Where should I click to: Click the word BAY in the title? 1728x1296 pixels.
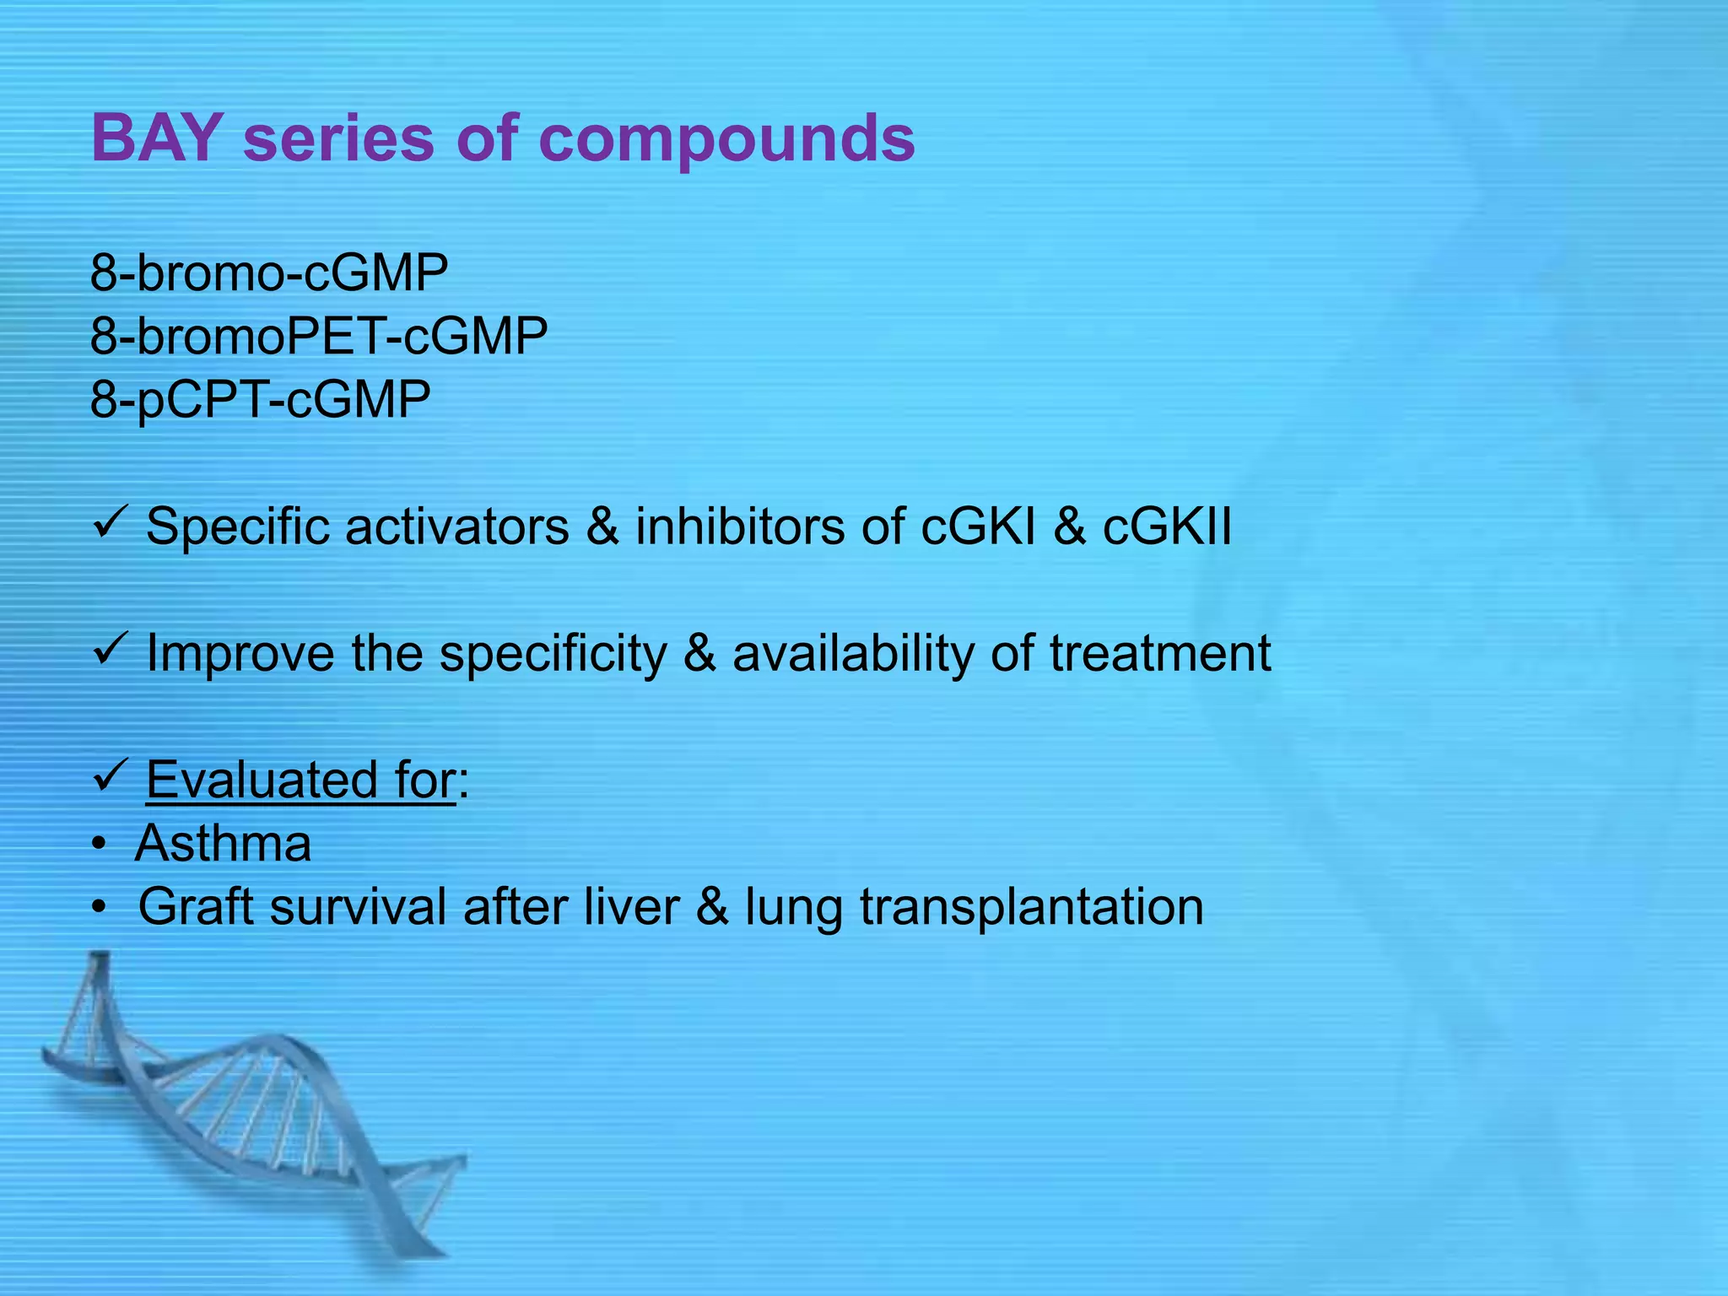click(156, 138)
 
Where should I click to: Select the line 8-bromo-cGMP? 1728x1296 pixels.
click(268, 273)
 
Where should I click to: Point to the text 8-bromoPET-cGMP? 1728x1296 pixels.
click(318, 336)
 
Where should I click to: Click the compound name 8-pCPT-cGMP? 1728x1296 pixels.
click(260, 399)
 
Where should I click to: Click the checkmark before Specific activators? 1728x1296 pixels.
click(109, 523)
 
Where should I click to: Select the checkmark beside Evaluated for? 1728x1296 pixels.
click(109, 775)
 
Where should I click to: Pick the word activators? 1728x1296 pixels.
click(456, 526)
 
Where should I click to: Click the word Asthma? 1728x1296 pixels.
click(224, 843)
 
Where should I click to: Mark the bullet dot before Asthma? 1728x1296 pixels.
click(100, 845)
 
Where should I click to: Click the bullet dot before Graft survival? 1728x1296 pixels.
click(100, 908)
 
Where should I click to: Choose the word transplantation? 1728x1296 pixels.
click(1031, 907)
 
